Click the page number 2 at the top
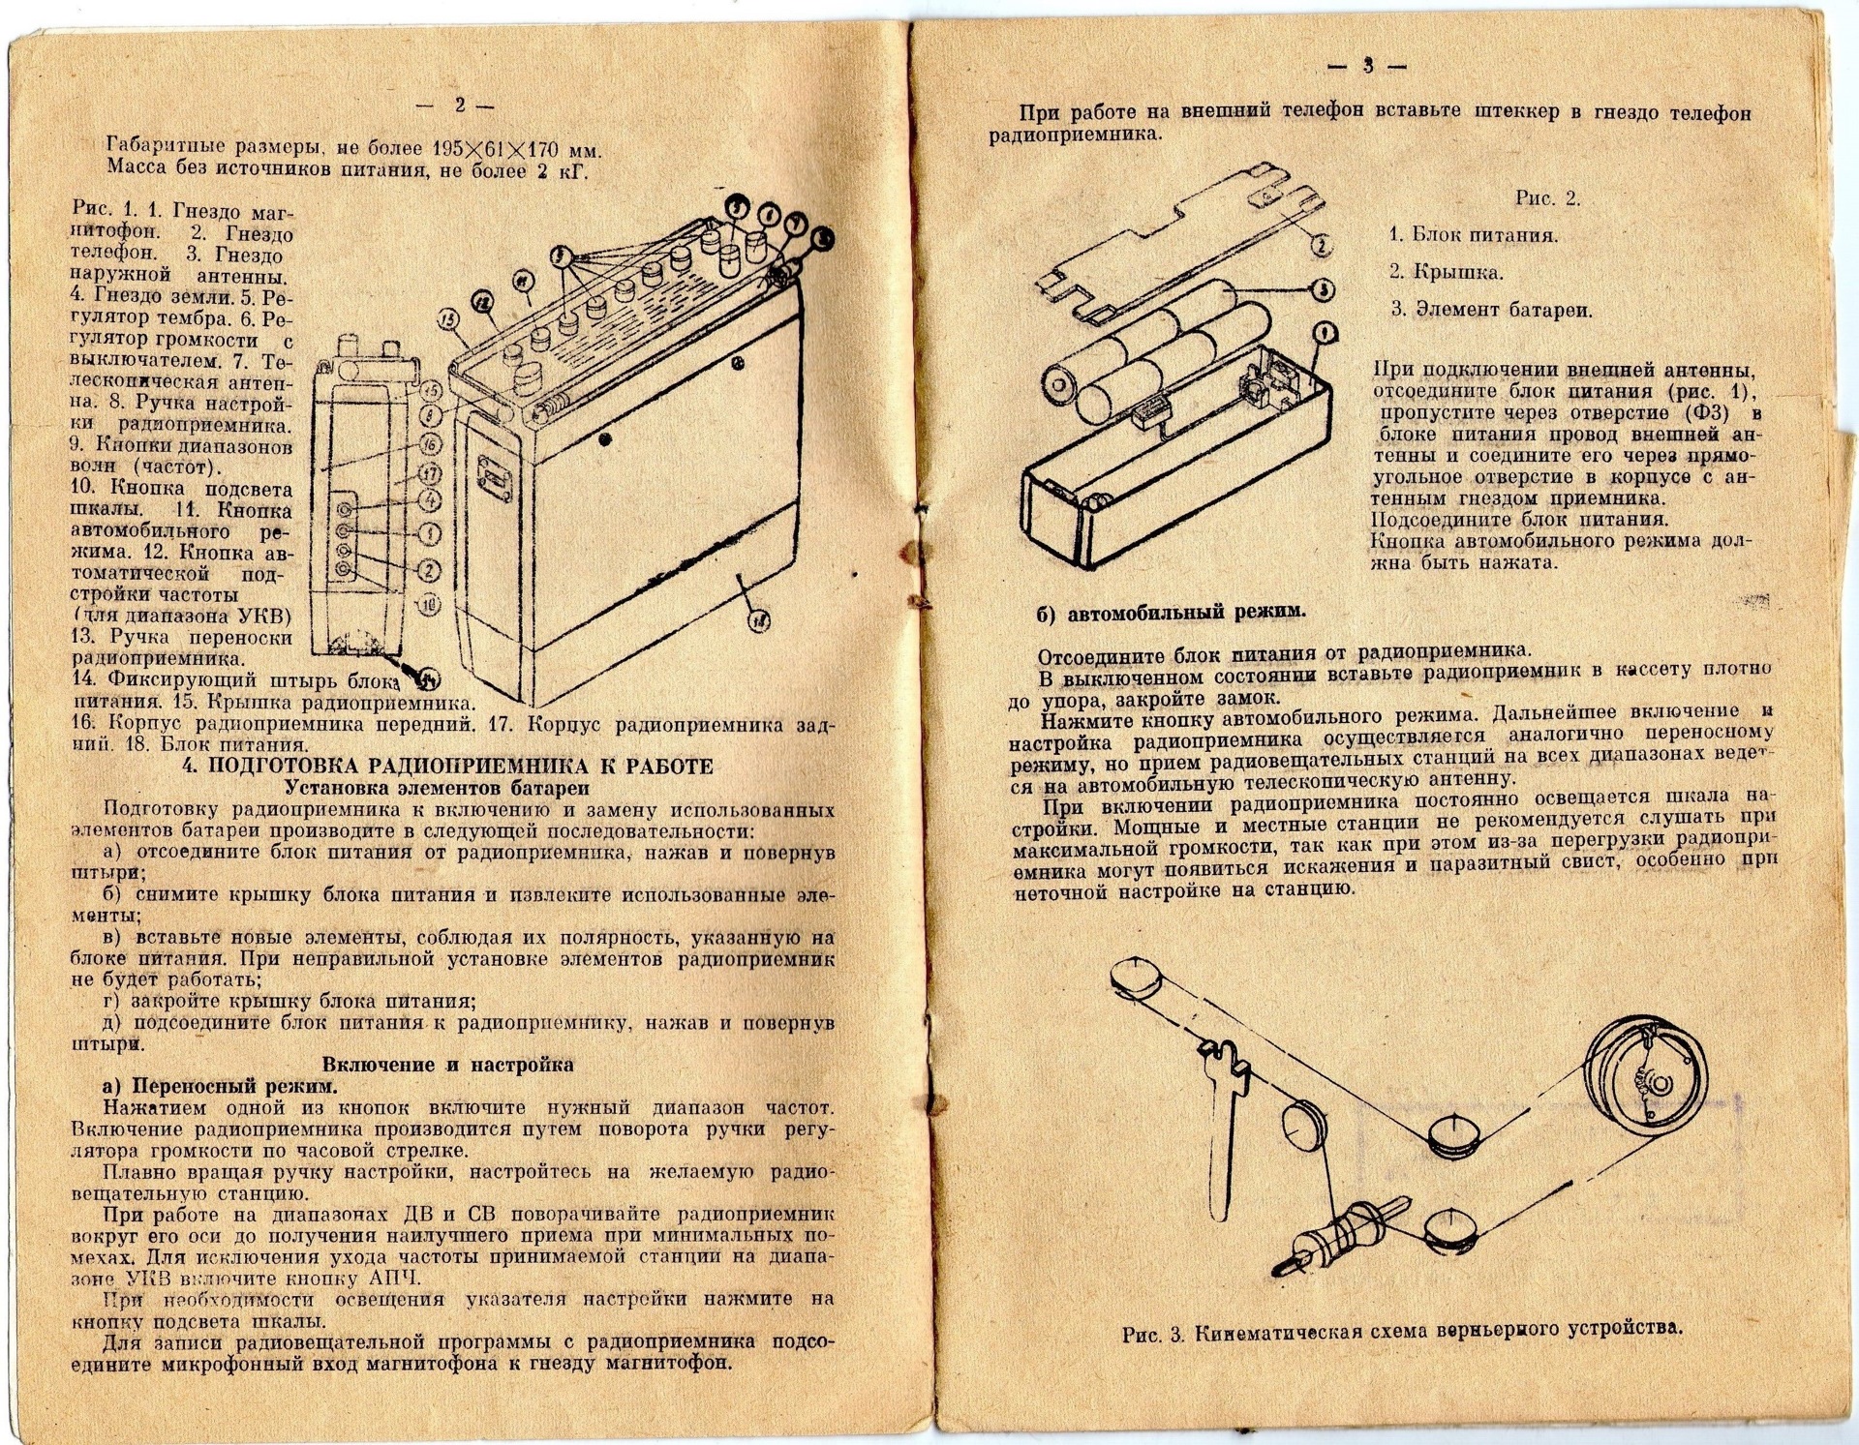pos(460,105)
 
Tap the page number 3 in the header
pos(1368,66)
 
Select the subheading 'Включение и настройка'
pos(447,1065)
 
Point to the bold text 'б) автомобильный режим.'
pos(1171,612)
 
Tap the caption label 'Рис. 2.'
pos(1547,198)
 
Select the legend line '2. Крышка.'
pos(1446,272)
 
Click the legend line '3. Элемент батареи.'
pos(1491,310)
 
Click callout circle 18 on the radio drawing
pos(758,622)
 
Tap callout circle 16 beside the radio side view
pos(431,444)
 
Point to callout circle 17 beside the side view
pos(431,474)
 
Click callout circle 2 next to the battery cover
pos(1321,245)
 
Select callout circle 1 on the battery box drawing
pos(1325,334)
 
